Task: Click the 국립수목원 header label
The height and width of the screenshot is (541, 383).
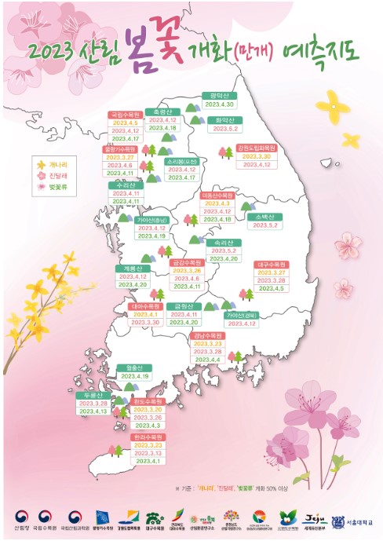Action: [x=125, y=114]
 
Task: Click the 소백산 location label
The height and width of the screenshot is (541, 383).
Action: [x=263, y=216]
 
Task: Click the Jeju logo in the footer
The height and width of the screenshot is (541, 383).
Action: [x=310, y=518]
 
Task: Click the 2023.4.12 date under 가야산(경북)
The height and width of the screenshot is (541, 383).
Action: [x=242, y=323]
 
